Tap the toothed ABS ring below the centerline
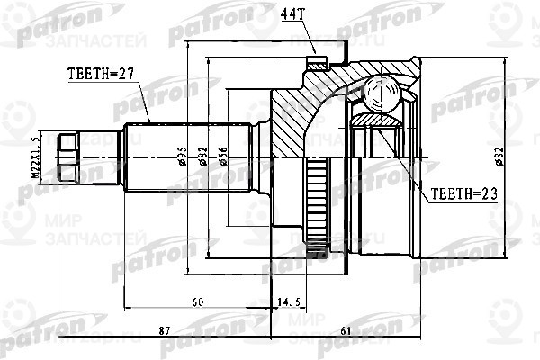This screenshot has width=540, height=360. pos(317,202)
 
